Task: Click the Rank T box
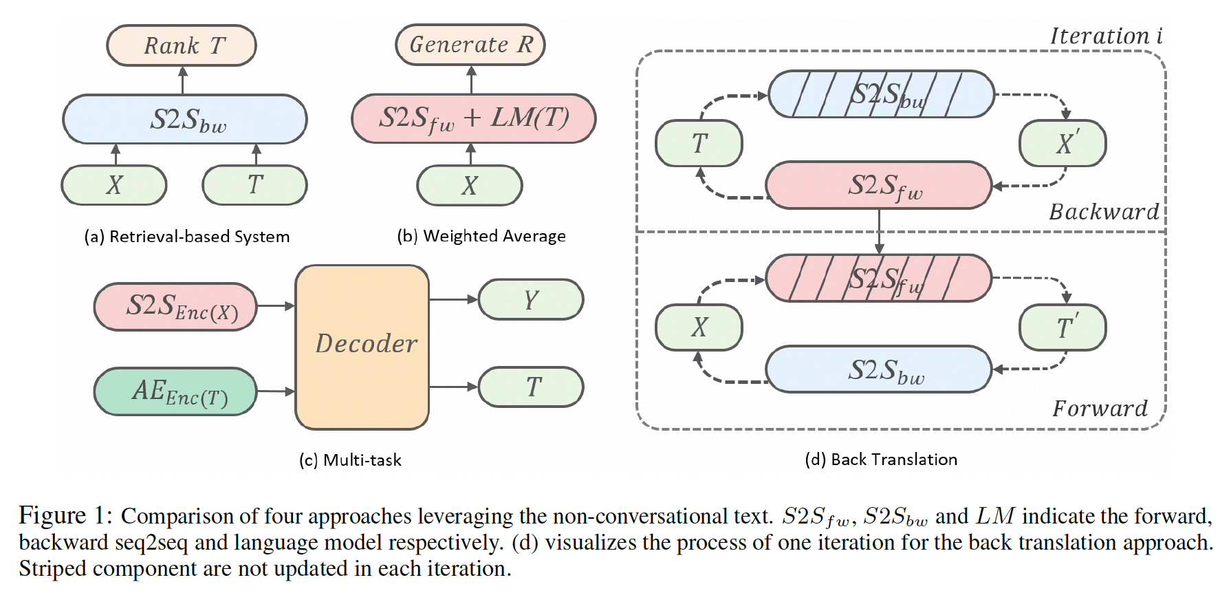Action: [x=182, y=45]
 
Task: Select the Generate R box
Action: [x=470, y=45]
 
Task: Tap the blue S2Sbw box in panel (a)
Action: [x=184, y=120]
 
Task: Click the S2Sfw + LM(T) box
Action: [x=473, y=118]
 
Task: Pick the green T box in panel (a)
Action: [x=254, y=185]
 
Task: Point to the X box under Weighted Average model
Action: [x=470, y=186]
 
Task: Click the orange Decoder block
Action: [x=362, y=347]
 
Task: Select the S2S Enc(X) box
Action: [x=176, y=307]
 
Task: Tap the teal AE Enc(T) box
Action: [x=176, y=391]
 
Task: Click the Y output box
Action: [x=530, y=299]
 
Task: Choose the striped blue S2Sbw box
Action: [x=881, y=94]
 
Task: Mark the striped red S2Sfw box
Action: [x=878, y=279]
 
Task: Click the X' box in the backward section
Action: [x=1062, y=143]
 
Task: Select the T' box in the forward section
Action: [x=1062, y=327]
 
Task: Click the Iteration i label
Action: [x=1105, y=36]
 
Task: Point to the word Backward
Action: [x=1103, y=212]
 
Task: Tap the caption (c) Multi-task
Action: [x=350, y=460]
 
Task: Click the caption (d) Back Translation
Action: [x=881, y=459]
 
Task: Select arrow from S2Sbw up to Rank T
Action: [x=183, y=80]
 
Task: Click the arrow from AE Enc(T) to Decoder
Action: [x=276, y=391]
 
